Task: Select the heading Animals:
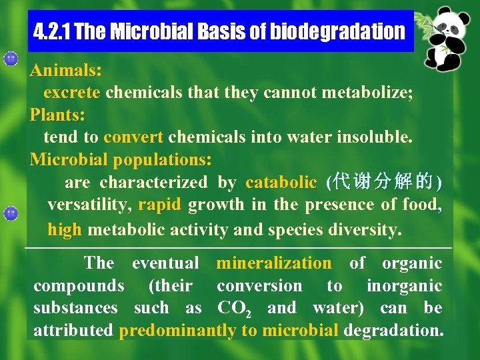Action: [65, 70]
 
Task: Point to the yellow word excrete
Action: [72, 92]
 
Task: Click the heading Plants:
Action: [57, 115]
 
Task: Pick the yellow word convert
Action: [133, 137]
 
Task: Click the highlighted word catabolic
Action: [281, 182]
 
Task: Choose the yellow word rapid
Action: [159, 205]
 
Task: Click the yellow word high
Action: [65, 230]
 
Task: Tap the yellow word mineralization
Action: [273, 263]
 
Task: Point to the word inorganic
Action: [404, 286]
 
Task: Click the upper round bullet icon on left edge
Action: [10, 59]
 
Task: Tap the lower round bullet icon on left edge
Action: [10, 213]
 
